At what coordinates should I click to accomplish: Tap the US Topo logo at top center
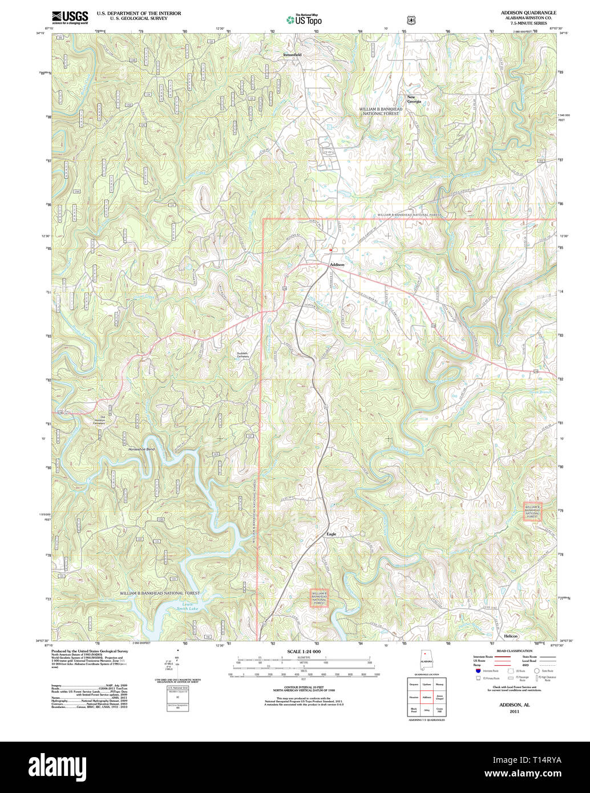[304, 19]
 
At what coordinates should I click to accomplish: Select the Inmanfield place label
[292, 55]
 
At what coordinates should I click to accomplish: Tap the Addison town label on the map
[337, 265]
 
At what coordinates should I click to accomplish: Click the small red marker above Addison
[330, 249]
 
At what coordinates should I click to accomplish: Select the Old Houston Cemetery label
[99, 420]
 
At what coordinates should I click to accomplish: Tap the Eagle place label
[331, 534]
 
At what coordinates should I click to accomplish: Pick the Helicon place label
[511, 636]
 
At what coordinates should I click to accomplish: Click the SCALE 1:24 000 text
[304, 652]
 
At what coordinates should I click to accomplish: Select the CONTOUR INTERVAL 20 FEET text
[304, 689]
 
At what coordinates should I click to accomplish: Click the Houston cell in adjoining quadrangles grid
[414, 697]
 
